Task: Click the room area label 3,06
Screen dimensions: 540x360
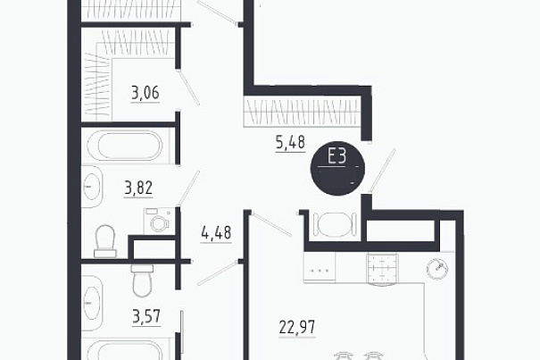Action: (x=145, y=93)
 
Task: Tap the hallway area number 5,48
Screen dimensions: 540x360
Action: (x=291, y=142)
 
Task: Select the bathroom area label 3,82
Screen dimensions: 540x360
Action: (x=138, y=188)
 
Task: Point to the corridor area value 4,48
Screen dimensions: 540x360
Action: (x=216, y=233)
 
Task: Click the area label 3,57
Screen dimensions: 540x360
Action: (x=146, y=316)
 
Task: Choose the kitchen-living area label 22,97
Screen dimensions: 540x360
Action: (x=297, y=327)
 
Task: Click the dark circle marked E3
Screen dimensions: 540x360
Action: (x=337, y=171)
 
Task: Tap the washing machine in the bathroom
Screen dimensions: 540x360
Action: (x=159, y=220)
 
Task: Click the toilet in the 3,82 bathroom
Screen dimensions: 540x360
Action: (x=105, y=241)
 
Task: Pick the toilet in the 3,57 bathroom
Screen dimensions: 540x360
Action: (x=142, y=280)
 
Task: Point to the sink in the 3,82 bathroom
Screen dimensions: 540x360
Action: (x=92, y=187)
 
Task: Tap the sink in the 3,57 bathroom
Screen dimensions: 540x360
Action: (x=92, y=303)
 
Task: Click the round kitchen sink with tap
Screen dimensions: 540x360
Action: (x=437, y=269)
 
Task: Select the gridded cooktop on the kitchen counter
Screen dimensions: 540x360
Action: (x=382, y=268)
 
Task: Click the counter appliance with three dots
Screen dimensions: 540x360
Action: (x=320, y=268)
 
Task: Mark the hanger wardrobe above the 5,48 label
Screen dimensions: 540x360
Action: (x=302, y=112)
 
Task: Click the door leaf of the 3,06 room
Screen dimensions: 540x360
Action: (x=188, y=88)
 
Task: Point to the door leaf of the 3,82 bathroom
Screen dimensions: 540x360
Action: (x=188, y=188)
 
